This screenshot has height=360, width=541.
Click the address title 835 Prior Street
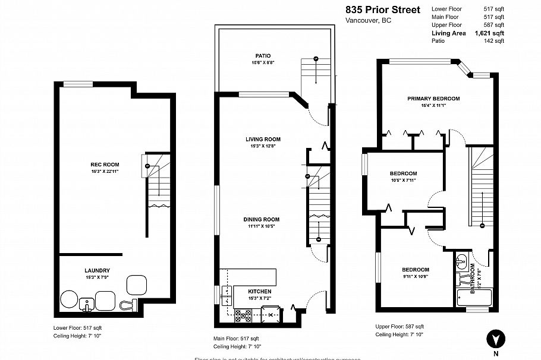click(383, 10)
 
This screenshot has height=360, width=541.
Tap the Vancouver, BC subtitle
click(368, 21)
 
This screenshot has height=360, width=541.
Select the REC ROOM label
click(105, 165)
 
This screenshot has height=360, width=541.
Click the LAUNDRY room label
click(97, 270)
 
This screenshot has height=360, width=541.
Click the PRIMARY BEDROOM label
click(433, 98)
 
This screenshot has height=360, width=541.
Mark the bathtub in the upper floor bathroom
click(473, 296)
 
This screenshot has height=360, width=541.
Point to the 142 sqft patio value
click(493, 42)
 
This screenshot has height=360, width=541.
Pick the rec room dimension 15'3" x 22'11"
click(105, 172)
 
